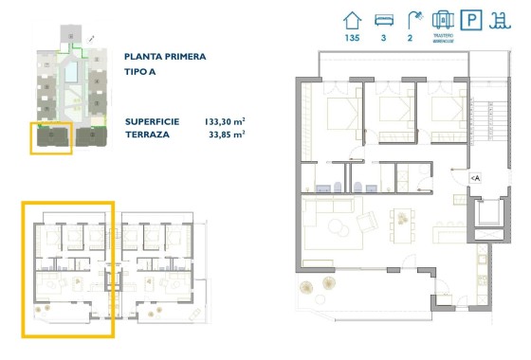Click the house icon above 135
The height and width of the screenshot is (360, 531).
coord(353,20)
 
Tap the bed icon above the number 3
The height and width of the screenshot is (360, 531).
coord(385,20)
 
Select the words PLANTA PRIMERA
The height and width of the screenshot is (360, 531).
coord(165,57)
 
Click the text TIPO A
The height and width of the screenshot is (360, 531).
coord(140,72)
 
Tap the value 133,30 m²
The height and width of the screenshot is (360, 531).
coord(225,122)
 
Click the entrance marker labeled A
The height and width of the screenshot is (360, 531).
coord(475,178)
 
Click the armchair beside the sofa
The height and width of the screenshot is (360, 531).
coord(365,224)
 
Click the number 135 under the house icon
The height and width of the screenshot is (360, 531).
coord(353,38)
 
